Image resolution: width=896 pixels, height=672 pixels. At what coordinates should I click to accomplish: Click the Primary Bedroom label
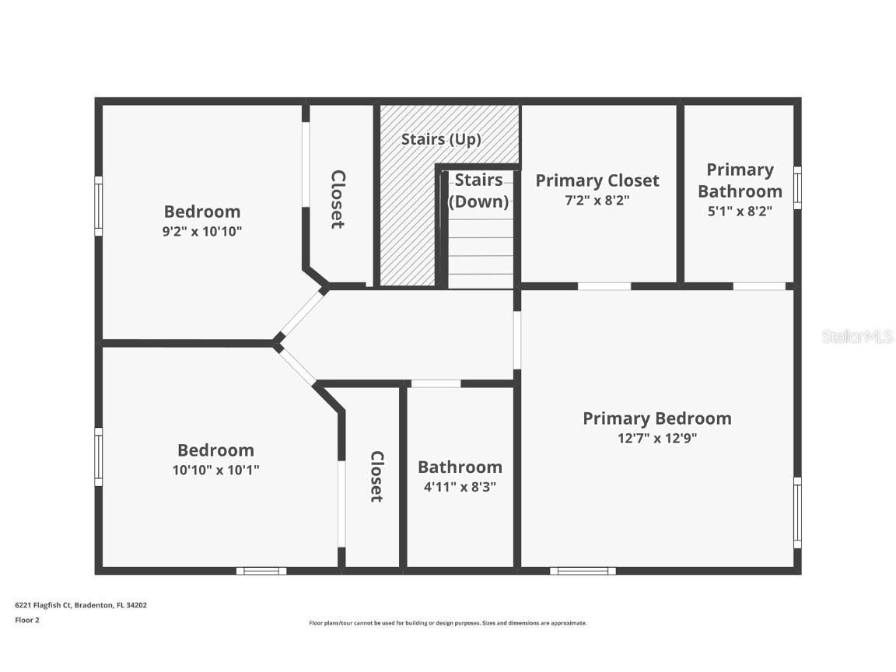tap(657, 418)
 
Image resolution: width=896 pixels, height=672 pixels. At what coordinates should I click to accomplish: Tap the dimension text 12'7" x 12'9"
tap(657, 438)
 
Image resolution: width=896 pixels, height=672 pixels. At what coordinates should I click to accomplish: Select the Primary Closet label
tap(597, 180)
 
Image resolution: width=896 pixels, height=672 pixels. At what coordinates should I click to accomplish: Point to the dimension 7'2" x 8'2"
tap(597, 200)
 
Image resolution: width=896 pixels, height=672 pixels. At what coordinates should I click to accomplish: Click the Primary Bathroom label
tap(740, 180)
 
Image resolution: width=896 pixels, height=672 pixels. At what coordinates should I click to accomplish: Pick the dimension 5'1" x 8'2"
tap(740, 211)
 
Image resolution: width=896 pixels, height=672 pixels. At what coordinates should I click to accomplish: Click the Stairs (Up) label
tap(441, 140)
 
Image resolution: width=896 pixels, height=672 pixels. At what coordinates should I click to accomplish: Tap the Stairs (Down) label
tap(478, 191)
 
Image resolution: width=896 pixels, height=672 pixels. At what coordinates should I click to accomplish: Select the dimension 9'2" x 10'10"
tap(202, 231)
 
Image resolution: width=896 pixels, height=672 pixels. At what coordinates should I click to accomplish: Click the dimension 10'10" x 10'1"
tap(215, 470)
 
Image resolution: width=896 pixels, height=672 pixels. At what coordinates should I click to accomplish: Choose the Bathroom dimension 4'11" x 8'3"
tap(460, 487)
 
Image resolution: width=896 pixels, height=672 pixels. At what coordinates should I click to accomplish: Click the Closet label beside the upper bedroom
tap(338, 200)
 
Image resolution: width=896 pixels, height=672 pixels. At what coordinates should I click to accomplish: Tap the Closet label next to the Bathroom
tap(376, 477)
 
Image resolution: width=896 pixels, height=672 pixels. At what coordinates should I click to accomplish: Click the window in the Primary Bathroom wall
tap(796, 187)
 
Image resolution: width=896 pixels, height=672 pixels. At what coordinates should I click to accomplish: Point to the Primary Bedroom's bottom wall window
tap(583, 571)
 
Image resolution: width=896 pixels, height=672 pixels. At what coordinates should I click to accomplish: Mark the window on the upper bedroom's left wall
tap(99, 205)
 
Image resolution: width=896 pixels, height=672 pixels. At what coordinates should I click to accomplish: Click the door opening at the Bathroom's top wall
tap(436, 383)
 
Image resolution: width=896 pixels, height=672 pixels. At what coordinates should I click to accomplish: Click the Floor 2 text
tap(26, 620)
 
